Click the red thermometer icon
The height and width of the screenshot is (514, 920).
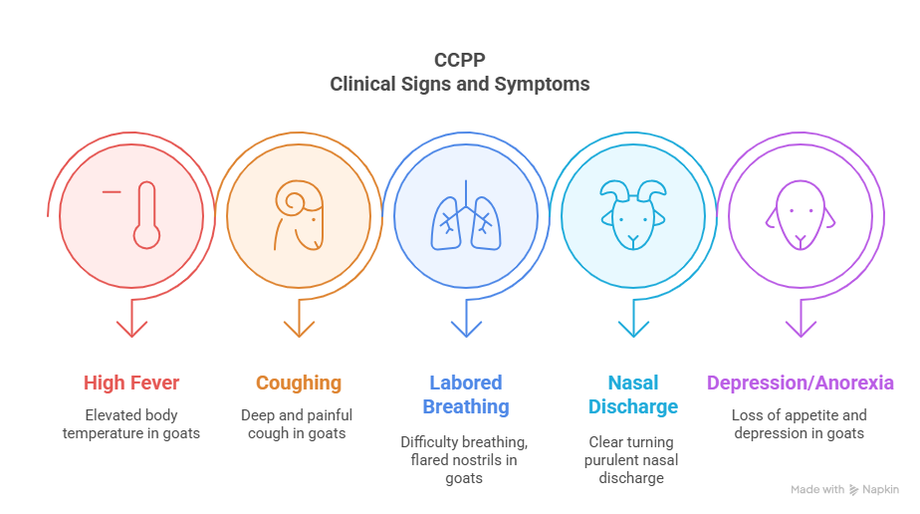[146, 215]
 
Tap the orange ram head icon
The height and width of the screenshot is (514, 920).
[300, 215]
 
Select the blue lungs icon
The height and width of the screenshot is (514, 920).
[466, 215]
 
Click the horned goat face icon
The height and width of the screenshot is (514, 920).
[633, 215]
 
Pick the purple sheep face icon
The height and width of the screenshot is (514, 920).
[801, 215]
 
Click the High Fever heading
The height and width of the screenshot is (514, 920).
[131, 383]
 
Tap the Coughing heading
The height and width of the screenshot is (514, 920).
[299, 384]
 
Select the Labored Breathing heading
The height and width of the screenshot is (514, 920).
[466, 394]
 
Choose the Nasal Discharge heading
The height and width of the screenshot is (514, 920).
[633, 394]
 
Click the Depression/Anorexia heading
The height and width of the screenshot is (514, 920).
[801, 384]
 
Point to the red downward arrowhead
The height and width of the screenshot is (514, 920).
[131, 329]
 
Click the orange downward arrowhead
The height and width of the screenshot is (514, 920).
[299, 329]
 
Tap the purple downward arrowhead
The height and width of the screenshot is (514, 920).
[801, 329]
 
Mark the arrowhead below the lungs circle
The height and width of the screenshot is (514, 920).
[466, 329]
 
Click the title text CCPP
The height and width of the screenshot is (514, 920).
[459, 60]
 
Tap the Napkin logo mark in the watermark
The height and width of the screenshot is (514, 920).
[853, 490]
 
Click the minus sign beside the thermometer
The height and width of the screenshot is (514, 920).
[112, 191]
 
